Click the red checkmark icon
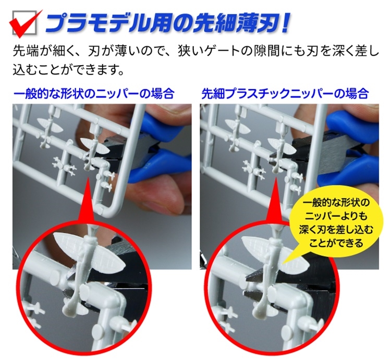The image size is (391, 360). point(23,23)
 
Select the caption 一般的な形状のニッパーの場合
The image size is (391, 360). point(94,94)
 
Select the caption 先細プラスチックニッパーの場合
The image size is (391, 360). point(285,94)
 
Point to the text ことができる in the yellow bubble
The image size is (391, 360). point(336,242)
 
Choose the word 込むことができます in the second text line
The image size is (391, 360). point(69,69)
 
